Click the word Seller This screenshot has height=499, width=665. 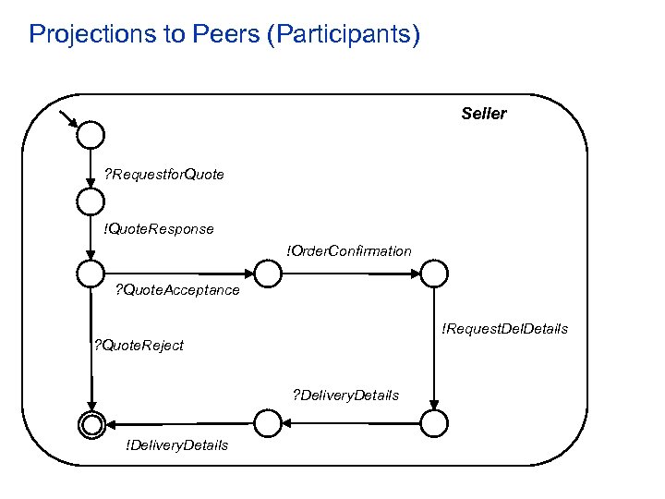(x=484, y=114)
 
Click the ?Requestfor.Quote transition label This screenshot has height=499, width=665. (x=163, y=174)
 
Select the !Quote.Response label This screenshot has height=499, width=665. (x=159, y=228)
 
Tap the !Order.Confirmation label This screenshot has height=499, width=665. (x=349, y=250)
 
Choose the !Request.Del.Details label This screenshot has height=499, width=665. (x=504, y=329)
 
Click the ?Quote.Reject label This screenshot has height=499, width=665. (x=139, y=346)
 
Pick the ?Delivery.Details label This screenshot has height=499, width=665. (x=345, y=395)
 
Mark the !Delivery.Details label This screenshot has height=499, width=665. (x=176, y=445)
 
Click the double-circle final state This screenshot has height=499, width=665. (x=91, y=423)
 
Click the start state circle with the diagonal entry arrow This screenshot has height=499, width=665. (x=91, y=136)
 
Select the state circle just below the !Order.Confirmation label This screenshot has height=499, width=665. (x=267, y=274)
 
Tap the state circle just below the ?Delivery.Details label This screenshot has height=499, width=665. (x=267, y=423)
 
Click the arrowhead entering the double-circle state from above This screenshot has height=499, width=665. (x=91, y=403)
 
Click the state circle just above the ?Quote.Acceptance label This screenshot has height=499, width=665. (x=91, y=274)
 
